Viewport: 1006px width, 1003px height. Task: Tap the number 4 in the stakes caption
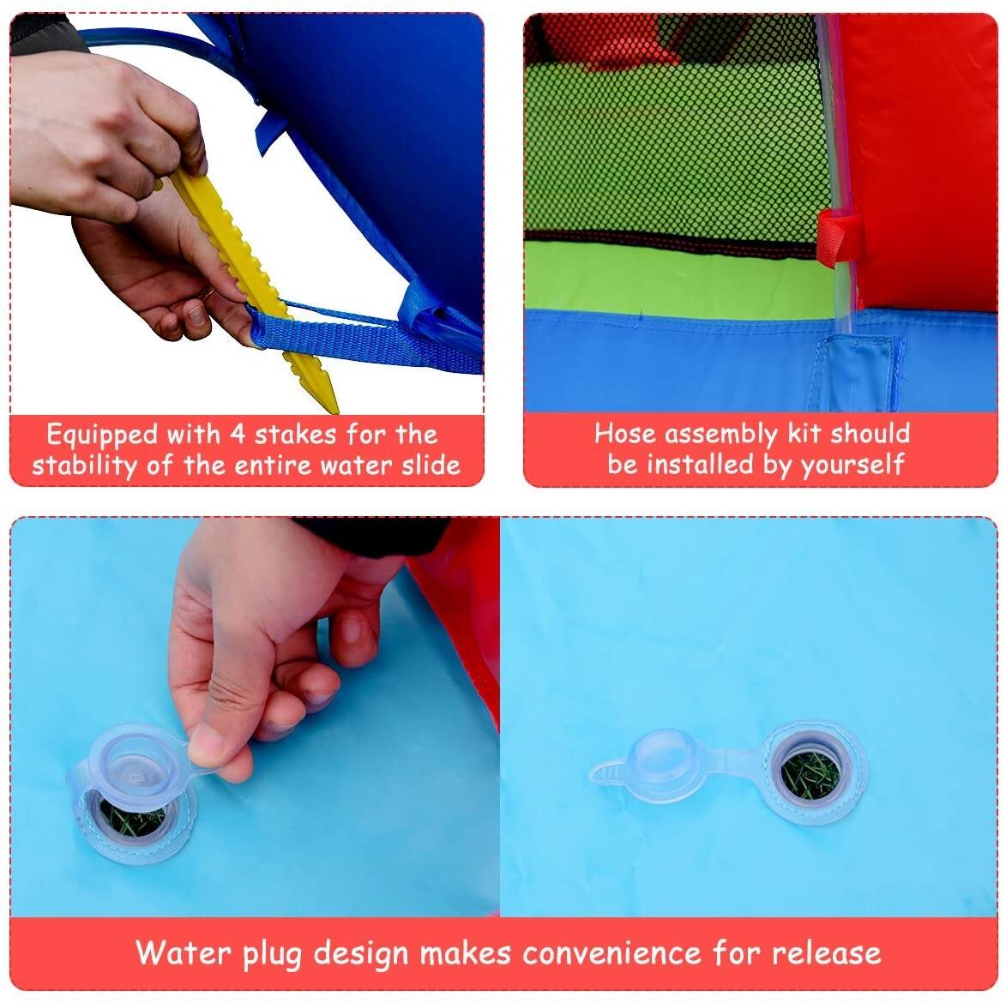pos(238,435)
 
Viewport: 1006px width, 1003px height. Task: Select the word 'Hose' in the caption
pos(625,434)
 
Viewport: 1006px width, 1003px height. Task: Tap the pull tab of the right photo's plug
pos(604,771)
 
